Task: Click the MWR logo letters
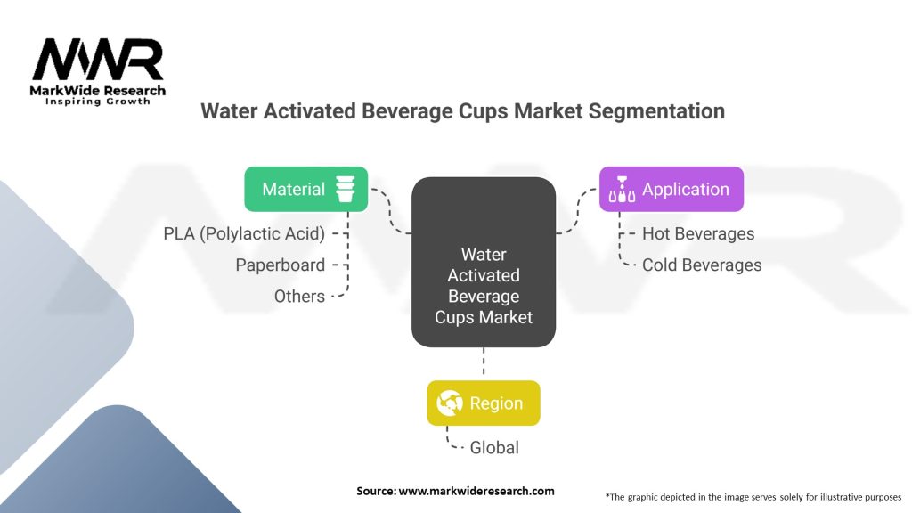click(x=98, y=60)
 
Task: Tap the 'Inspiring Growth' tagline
click(x=98, y=102)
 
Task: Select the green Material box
click(x=305, y=189)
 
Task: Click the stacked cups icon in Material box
click(x=345, y=189)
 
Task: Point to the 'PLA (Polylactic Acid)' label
click(x=244, y=234)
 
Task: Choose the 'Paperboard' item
click(x=280, y=265)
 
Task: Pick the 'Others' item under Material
click(x=299, y=296)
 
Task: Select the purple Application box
click(x=671, y=189)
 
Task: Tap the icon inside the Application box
click(x=621, y=189)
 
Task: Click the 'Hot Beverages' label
click(x=697, y=234)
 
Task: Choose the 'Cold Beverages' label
click(x=701, y=265)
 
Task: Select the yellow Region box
click(x=484, y=403)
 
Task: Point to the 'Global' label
click(x=494, y=447)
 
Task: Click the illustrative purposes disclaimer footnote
click(x=753, y=496)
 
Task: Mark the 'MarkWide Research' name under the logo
click(x=98, y=90)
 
